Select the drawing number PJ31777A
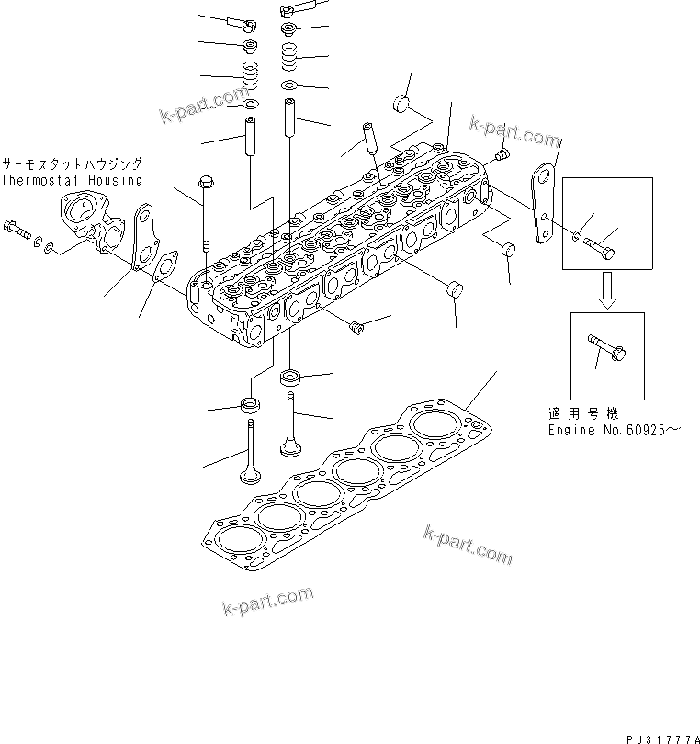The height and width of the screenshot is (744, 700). tap(660, 738)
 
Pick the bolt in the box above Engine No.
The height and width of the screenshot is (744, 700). tap(605, 349)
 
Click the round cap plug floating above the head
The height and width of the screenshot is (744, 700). tap(401, 101)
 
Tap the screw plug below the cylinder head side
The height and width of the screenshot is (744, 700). tap(357, 324)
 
